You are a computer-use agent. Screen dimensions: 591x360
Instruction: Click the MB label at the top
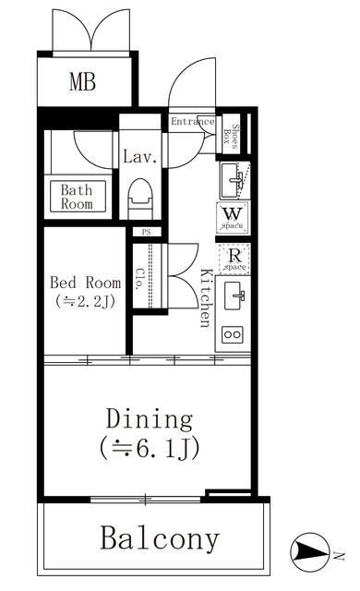(x=82, y=82)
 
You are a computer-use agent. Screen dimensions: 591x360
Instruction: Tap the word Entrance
(x=192, y=121)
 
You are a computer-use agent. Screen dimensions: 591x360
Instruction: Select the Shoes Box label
(x=234, y=137)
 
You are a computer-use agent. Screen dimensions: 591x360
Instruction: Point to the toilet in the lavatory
(x=140, y=197)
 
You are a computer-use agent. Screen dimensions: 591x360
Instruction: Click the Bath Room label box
(x=77, y=198)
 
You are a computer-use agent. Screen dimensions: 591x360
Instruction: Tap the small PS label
(x=144, y=232)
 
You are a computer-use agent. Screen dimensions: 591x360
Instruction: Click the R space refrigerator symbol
(x=233, y=259)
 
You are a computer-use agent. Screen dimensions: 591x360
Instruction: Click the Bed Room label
(x=85, y=283)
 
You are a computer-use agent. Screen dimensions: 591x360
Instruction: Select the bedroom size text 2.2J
(x=85, y=301)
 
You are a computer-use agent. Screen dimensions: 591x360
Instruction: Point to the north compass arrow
(x=312, y=552)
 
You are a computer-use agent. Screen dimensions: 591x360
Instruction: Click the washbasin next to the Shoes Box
(x=234, y=175)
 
